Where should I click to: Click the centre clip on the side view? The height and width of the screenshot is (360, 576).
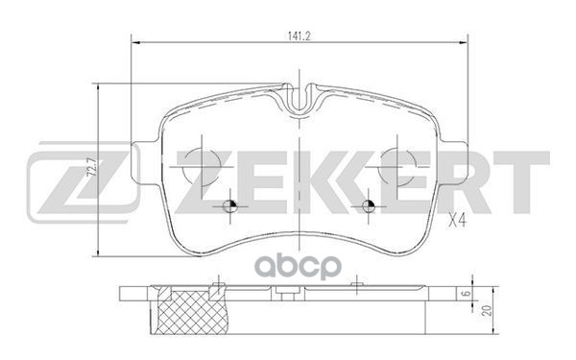coord(302,289)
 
